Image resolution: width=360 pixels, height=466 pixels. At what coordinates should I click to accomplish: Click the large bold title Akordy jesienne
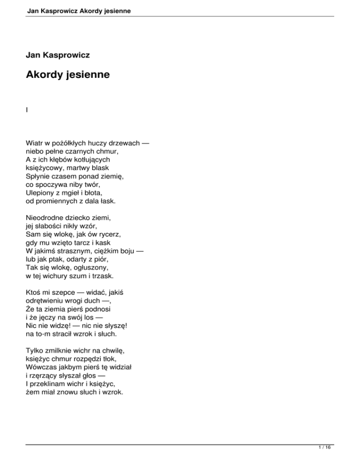tap(68, 74)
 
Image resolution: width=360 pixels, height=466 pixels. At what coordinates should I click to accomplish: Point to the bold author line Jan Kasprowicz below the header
tap(58, 55)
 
